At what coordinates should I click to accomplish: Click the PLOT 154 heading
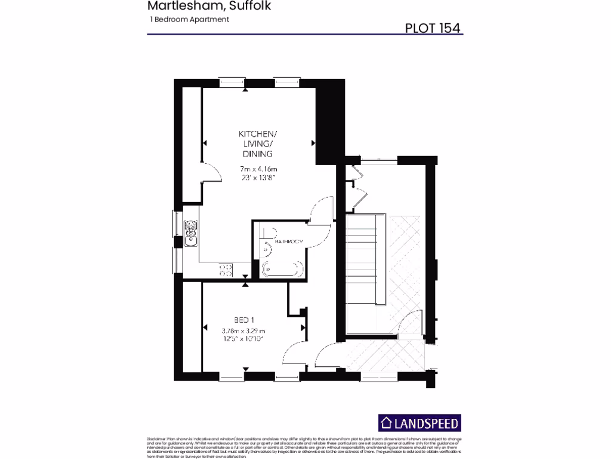(433, 28)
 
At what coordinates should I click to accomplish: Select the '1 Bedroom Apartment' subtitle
(190, 20)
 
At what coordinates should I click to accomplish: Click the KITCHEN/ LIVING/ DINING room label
(257, 143)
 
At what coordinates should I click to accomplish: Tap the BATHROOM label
(289, 241)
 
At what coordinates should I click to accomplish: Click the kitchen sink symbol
(192, 234)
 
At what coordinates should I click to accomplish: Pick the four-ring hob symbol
(226, 270)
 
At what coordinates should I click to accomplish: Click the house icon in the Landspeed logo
(388, 423)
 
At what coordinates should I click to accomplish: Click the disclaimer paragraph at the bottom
(304, 447)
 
